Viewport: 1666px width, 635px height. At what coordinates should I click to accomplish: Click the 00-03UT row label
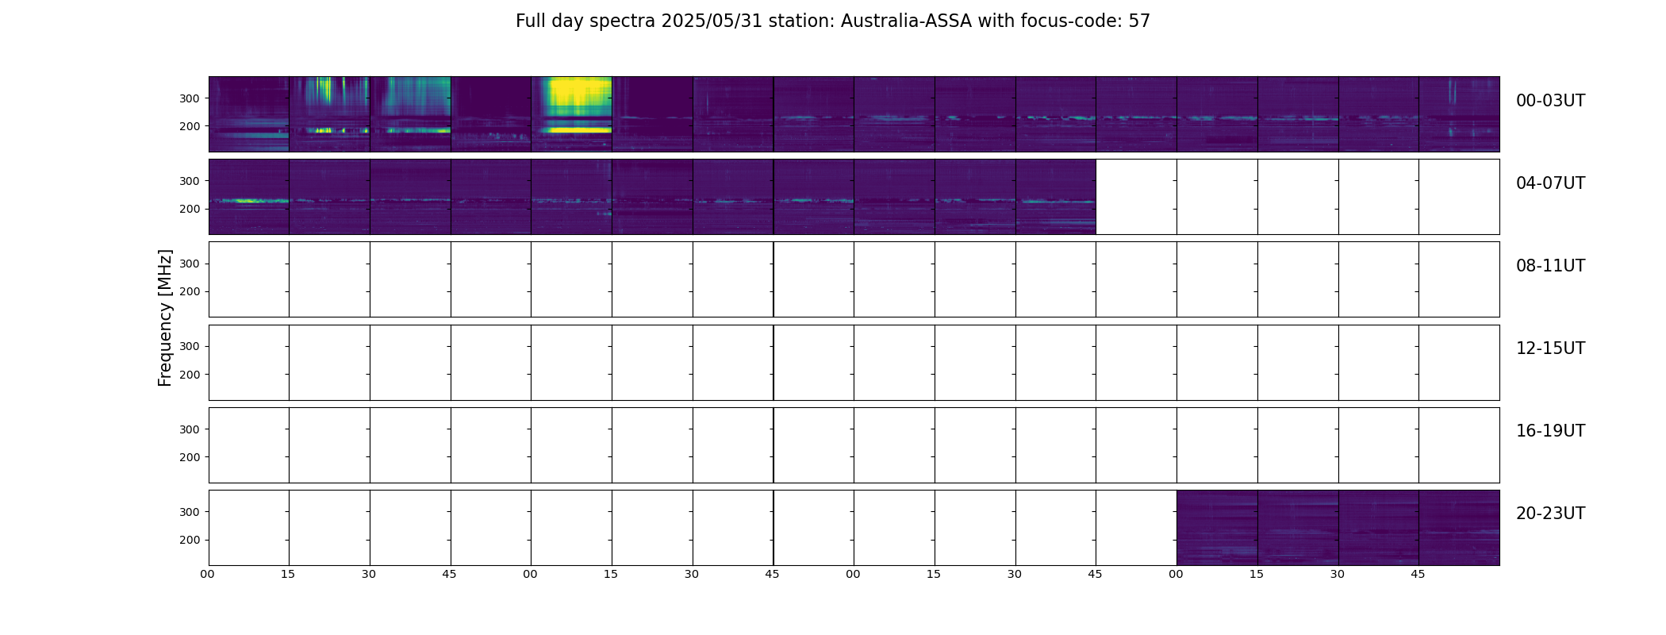click(1550, 101)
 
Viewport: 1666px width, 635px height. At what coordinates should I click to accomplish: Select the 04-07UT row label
click(1550, 183)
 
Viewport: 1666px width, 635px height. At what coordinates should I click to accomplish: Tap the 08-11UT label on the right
click(1550, 266)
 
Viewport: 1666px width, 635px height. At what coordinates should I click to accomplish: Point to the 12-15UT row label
click(1550, 348)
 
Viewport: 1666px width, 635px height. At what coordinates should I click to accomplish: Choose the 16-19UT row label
click(1550, 431)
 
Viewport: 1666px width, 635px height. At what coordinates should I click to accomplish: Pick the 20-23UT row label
click(1550, 514)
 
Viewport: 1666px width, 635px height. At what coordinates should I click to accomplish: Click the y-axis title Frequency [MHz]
click(165, 317)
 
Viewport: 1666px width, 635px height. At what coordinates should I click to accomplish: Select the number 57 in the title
click(1139, 21)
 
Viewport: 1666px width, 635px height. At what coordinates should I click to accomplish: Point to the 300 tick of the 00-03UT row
click(189, 98)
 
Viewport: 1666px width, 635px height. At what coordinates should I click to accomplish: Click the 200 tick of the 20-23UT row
click(189, 540)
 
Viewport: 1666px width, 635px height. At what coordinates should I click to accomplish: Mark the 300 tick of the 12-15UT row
click(189, 347)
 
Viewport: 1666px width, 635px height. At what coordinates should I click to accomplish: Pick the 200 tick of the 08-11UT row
click(189, 292)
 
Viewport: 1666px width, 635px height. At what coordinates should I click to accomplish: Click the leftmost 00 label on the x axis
click(208, 574)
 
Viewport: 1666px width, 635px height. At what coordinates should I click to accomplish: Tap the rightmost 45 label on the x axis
click(1418, 574)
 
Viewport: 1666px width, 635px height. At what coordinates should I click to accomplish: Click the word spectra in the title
click(629, 22)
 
